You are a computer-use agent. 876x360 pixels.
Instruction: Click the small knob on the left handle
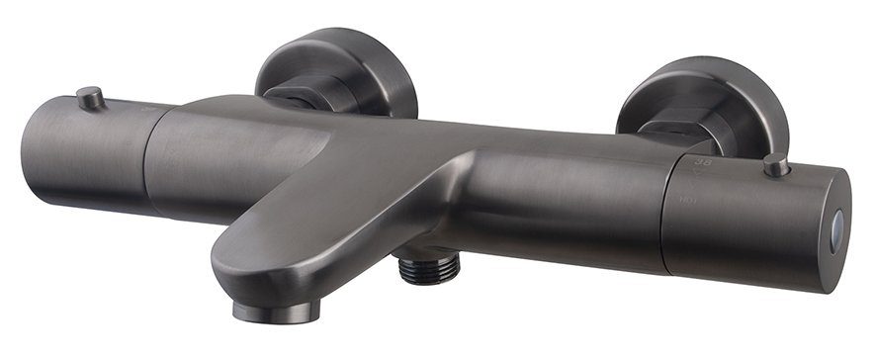click(x=91, y=97)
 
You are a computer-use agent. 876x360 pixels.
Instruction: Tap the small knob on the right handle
click(x=776, y=165)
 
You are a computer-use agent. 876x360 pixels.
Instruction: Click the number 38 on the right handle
click(x=703, y=159)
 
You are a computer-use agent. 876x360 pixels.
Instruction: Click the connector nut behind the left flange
click(x=297, y=95)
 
